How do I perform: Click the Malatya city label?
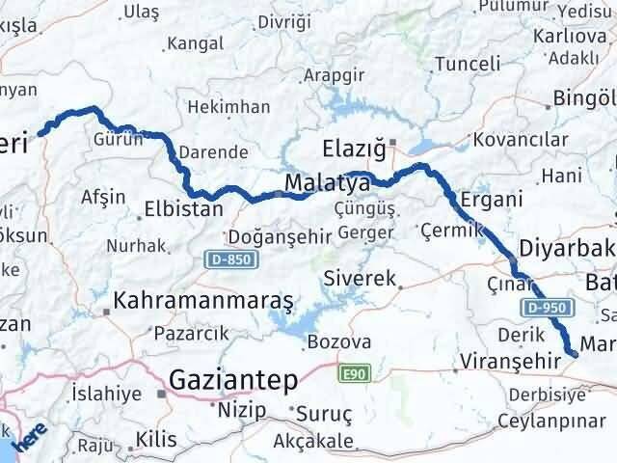click(x=328, y=183)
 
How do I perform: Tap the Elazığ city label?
click(x=353, y=150)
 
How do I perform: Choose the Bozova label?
click(x=338, y=342)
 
